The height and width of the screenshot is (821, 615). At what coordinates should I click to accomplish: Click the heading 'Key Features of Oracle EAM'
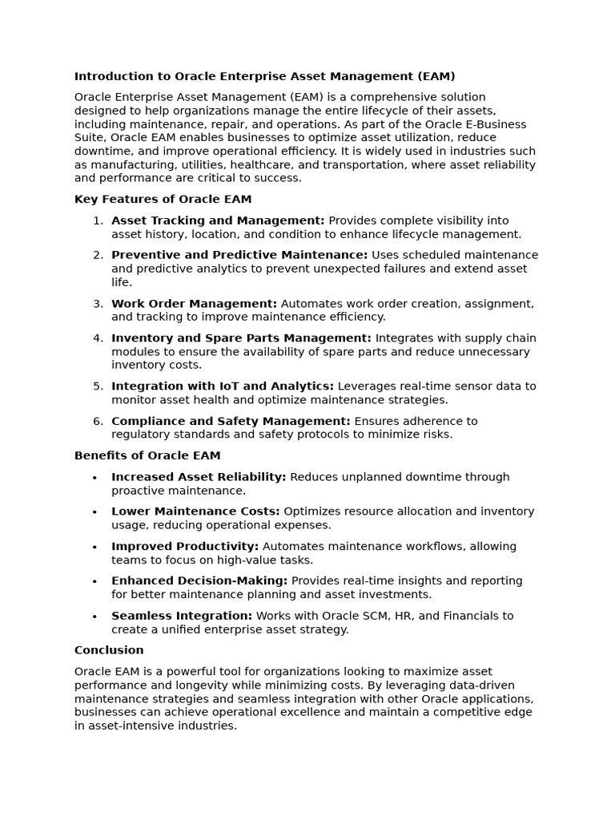(x=163, y=200)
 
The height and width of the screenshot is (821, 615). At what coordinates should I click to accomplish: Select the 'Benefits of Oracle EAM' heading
(x=147, y=455)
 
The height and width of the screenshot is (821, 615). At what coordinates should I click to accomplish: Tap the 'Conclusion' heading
(x=109, y=650)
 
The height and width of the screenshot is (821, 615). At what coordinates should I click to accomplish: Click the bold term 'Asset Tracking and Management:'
(x=218, y=220)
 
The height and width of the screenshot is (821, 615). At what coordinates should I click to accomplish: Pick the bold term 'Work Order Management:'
(x=194, y=304)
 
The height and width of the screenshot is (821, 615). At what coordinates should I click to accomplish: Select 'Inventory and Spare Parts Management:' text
(x=241, y=338)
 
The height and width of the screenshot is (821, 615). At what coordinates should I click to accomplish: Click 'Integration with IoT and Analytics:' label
(x=223, y=386)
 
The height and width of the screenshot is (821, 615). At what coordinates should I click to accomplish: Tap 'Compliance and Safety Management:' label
(x=231, y=421)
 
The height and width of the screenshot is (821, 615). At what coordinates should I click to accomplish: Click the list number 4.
(x=97, y=338)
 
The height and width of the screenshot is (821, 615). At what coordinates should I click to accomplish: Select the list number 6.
(x=97, y=421)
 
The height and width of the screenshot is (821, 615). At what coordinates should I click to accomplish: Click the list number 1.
(x=97, y=220)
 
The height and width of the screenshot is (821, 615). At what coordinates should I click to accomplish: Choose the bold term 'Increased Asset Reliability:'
(x=199, y=477)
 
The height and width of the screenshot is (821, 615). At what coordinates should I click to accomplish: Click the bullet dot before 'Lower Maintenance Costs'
(x=94, y=512)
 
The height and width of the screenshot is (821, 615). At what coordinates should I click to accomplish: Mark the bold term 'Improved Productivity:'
(x=185, y=547)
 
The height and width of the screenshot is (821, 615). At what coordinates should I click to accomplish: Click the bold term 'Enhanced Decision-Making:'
(x=199, y=581)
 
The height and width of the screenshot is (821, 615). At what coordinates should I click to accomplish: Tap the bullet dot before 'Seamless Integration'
(x=94, y=617)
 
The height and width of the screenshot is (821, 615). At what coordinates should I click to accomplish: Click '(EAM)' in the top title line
(x=436, y=76)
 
